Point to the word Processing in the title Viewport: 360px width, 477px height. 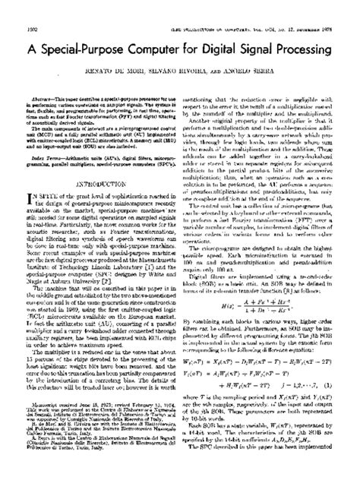coord(323,25)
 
